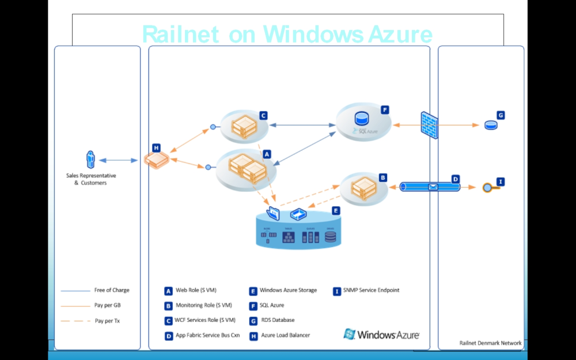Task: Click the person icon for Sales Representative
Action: [90, 160]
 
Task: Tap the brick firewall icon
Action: [429, 125]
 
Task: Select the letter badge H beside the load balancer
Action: [156, 148]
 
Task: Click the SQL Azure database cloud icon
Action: [362, 120]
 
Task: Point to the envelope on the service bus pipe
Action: [433, 187]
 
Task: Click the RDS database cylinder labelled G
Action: [491, 125]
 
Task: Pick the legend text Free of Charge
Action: [112, 290]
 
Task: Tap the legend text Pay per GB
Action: [107, 305]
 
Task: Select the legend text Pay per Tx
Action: [107, 321]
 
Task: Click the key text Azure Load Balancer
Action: [285, 336]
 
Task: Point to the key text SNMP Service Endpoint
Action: [371, 290]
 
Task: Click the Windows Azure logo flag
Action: [349, 334]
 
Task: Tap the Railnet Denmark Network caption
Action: [490, 343]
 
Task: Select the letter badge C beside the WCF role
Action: [263, 115]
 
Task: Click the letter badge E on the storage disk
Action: [336, 211]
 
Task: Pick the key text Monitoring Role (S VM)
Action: [204, 305]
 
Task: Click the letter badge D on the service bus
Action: [455, 179]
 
